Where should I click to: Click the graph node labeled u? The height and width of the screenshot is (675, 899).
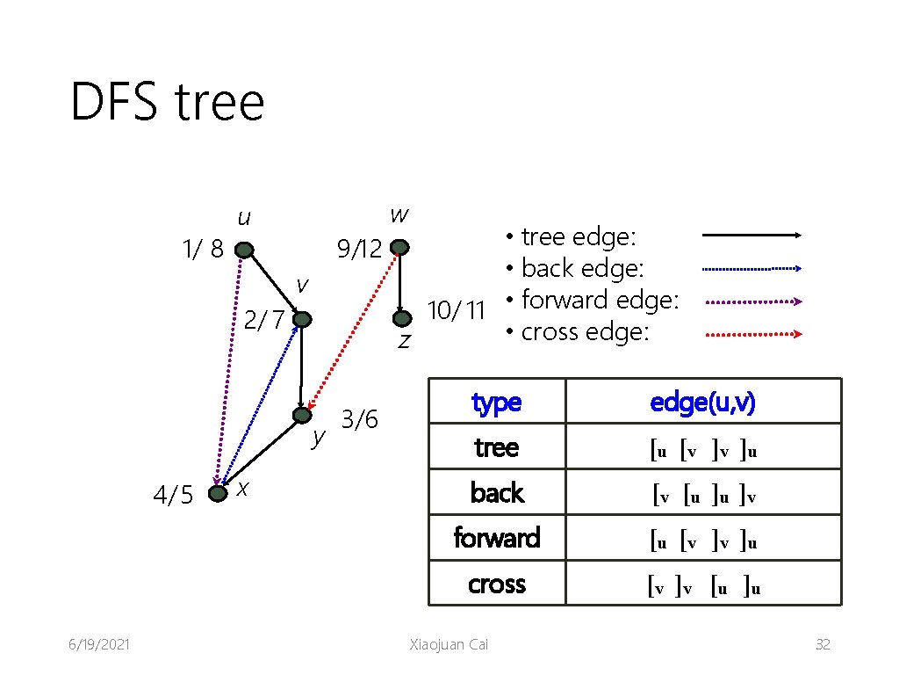pos(244,250)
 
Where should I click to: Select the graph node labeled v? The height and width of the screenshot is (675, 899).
pos(302,321)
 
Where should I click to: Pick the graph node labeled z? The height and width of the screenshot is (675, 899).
pos(400,317)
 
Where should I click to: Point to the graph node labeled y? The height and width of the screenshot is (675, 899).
pos(302,415)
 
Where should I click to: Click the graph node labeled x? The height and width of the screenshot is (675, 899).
pos(217,493)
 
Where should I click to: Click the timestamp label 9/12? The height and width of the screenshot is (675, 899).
pos(359,250)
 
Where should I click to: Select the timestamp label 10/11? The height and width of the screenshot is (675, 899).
pos(456,310)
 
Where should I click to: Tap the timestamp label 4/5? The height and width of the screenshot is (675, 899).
pos(173,496)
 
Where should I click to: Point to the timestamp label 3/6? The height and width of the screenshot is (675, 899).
pos(359,420)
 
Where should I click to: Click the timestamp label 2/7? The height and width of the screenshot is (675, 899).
pos(263,321)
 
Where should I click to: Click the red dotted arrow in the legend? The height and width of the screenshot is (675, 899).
pos(753,334)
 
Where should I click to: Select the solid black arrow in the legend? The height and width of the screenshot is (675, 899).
pos(753,236)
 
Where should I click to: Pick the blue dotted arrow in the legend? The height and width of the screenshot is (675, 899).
pos(753,268)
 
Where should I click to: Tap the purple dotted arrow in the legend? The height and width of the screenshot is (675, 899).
pos(753,301)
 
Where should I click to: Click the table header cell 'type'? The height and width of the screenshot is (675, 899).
pos(497,403)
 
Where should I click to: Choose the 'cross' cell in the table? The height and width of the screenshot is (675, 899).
pos(497,584)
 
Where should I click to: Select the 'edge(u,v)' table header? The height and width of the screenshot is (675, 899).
pos(703,403)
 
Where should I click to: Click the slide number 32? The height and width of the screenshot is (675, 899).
pos(823,645)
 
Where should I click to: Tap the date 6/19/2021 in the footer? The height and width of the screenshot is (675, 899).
pos(100,645)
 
